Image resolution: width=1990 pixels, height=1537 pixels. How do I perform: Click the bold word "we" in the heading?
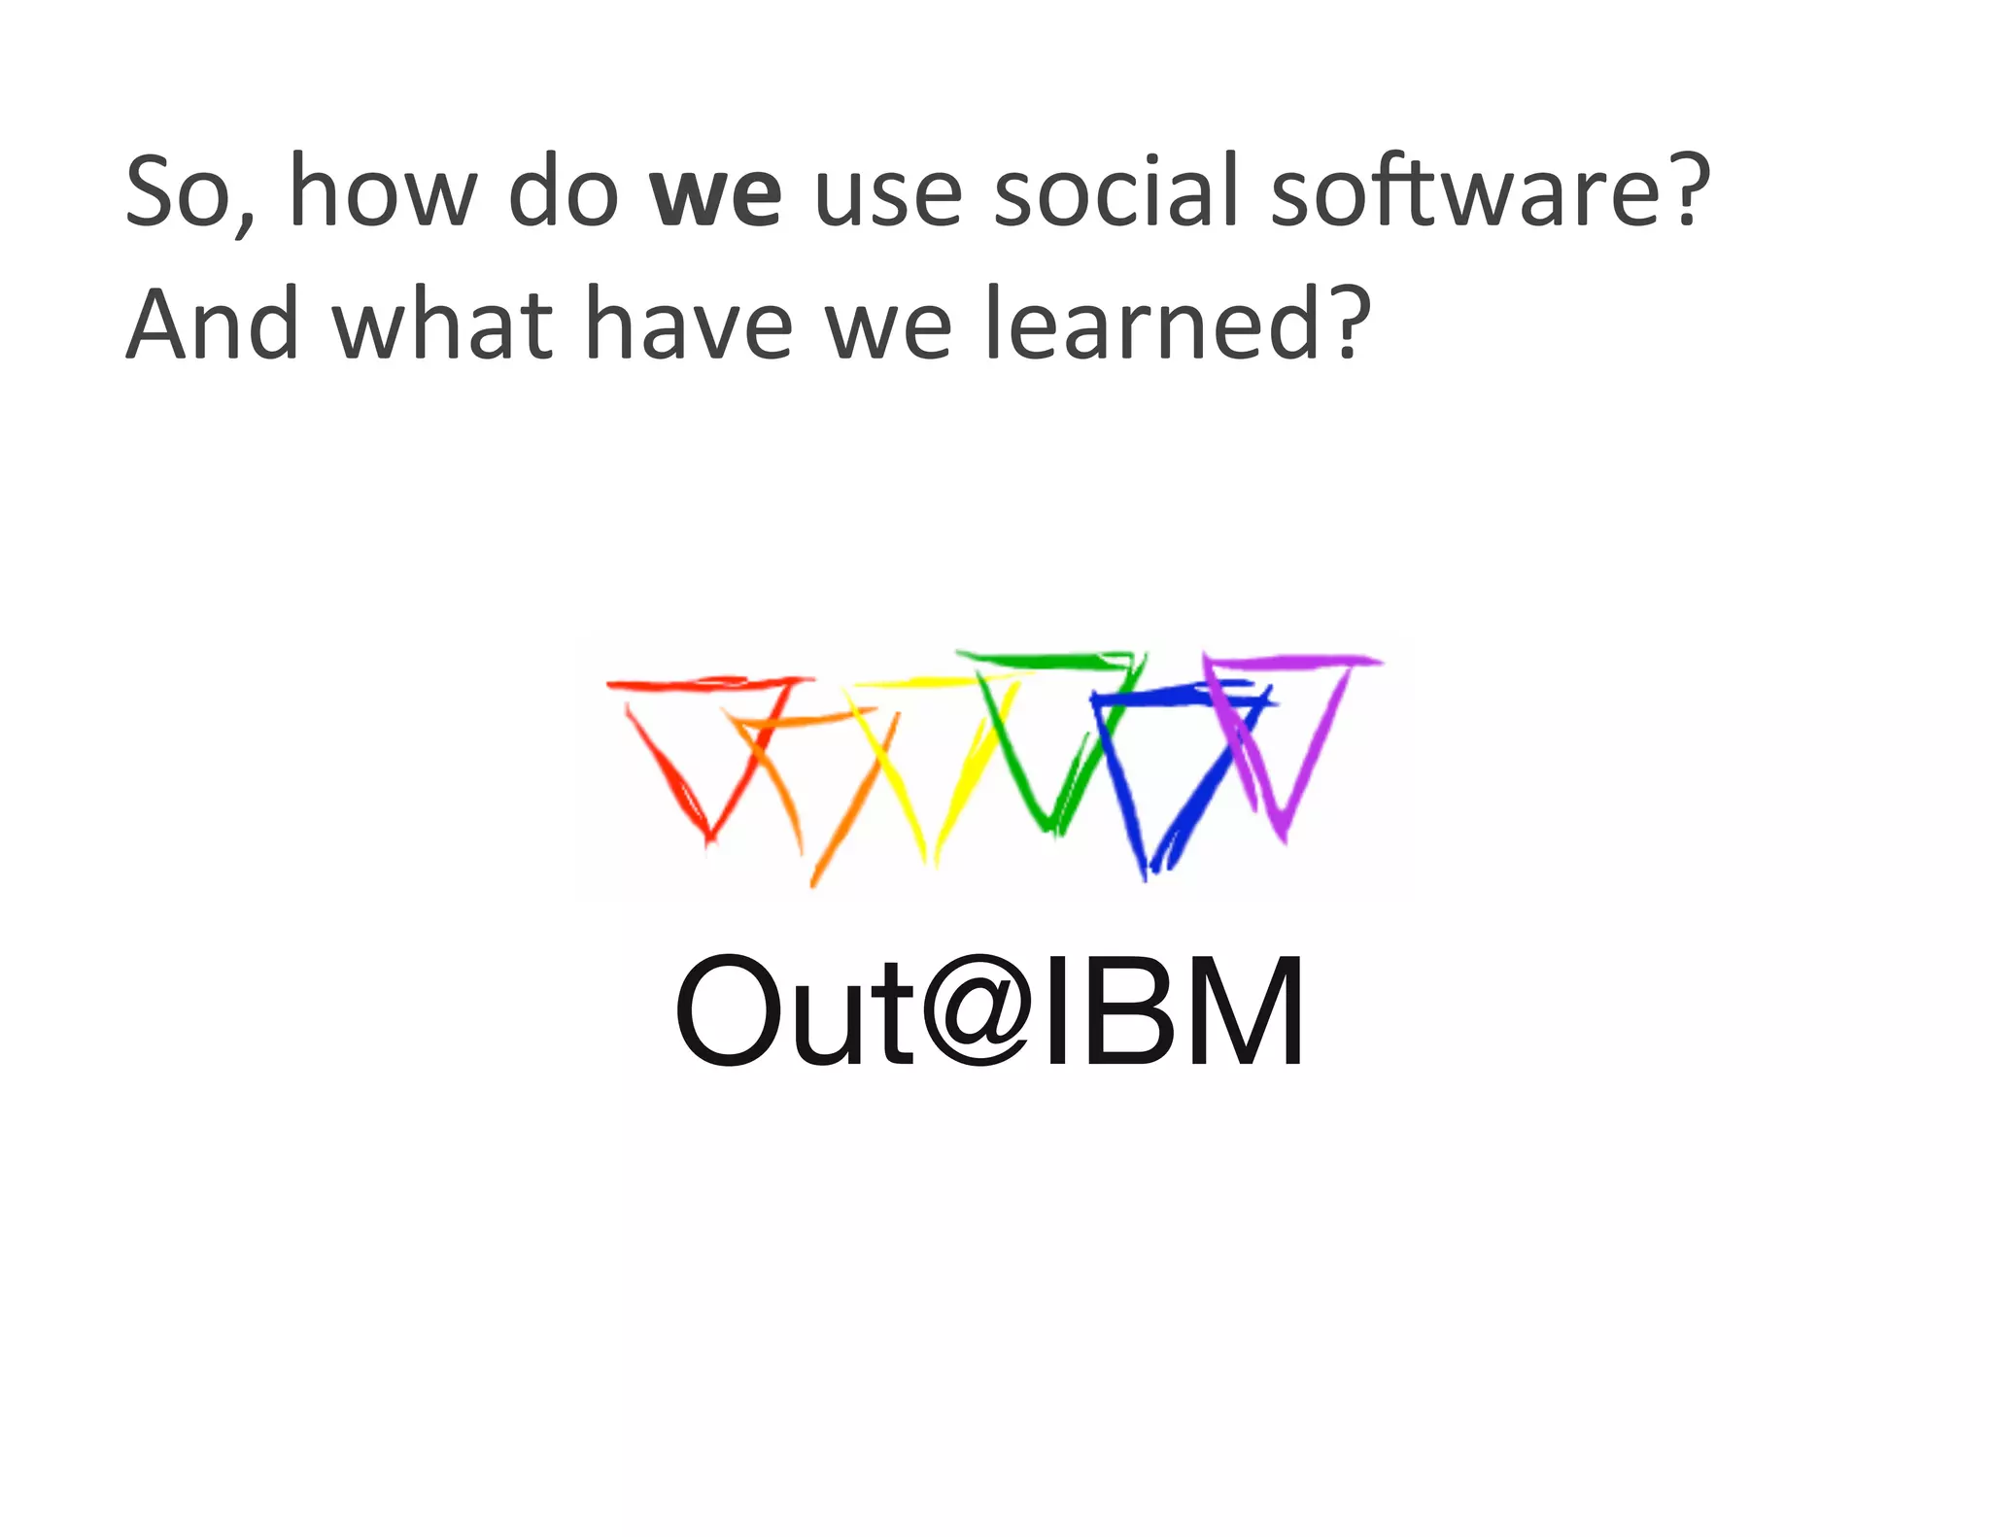pos(716,192)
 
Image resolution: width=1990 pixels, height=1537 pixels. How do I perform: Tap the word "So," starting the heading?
pos(190,192)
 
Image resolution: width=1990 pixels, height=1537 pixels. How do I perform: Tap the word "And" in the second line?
pos(213,324)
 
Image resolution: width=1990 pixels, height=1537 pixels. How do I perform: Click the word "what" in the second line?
pos(443,324)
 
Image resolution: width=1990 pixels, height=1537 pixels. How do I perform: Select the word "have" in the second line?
pos(689,324)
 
